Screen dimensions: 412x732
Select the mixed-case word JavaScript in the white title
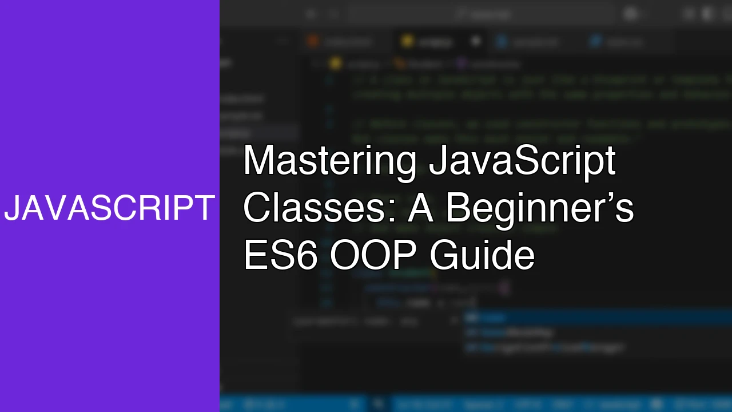click(522, 161)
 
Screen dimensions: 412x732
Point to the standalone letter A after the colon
click(421, 208)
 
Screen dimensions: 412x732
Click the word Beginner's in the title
click(539, 208)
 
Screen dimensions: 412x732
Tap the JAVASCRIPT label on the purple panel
click(109, 208)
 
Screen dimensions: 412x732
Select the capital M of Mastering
click(257, 161)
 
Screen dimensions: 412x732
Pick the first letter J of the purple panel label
click(11, 208)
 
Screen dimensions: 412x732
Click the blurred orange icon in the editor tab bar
click(313, 41)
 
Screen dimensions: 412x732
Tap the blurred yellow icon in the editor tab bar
click(407, 41)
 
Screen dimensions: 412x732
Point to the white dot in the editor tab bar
click(475, 41)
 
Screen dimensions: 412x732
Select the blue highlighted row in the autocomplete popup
click(595, 318)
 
